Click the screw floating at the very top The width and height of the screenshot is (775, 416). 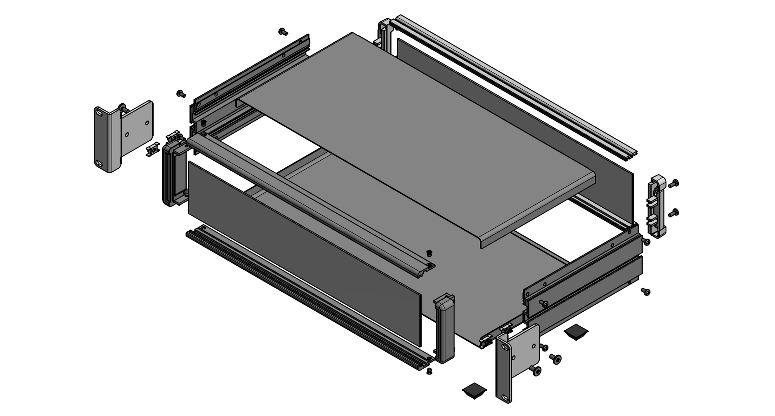pyautogui.click(x=283, y=32)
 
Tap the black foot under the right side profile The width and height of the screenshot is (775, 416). pyautogui.click(x=576, y=332)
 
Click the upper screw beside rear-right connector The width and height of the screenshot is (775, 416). pyautogui.click(x=674, y=184)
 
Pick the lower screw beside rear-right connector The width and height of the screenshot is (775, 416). pyautogui.click(x=673, y=213)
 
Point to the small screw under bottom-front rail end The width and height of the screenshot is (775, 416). pyautogui.click(x=429, y=371)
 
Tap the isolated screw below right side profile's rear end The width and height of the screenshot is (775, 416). pyautogui.click(x=646, y=291)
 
